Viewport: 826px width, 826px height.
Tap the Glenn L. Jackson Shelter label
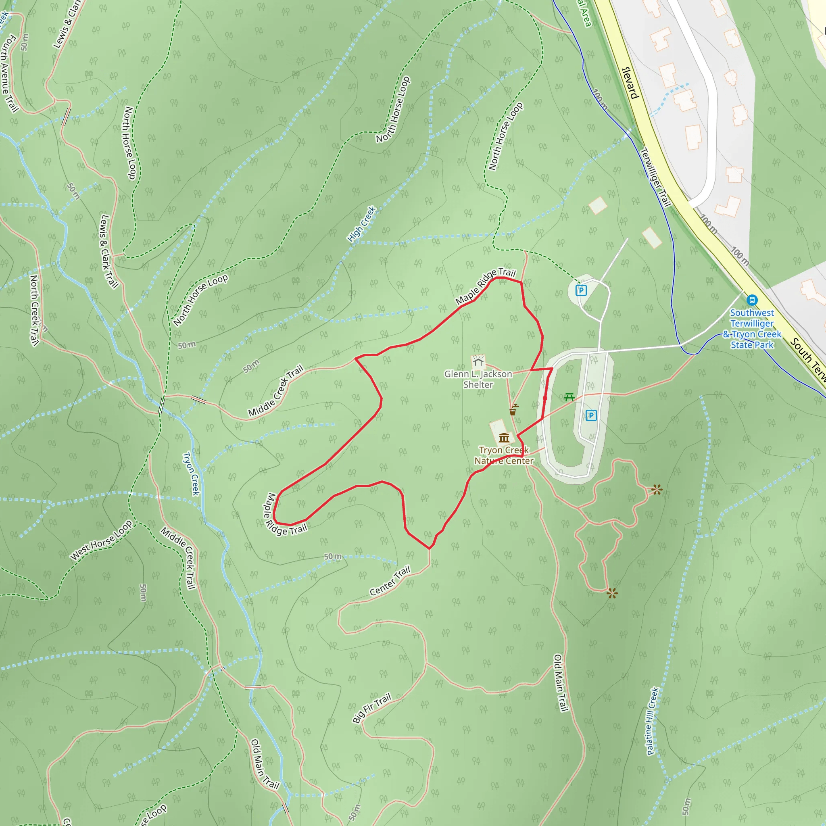tap(478, 379)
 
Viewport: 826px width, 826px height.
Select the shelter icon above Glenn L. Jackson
tap(478, 362)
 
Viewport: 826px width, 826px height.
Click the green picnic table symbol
tap(569, 397)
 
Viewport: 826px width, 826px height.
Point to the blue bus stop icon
tap(752, 300)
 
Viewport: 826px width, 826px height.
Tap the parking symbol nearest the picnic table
tap(591, 415)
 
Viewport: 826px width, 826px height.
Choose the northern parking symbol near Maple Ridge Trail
tap(581, 291)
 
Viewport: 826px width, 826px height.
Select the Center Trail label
tap(390, 581)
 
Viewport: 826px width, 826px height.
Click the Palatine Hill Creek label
tap(653, 721)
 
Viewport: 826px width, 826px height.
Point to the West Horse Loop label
tap(101, 540)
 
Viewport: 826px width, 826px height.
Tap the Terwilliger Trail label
tap(655, 177)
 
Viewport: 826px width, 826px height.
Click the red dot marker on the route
tap(544, 398)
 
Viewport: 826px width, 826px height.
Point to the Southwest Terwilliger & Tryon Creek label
tap(752, 329)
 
